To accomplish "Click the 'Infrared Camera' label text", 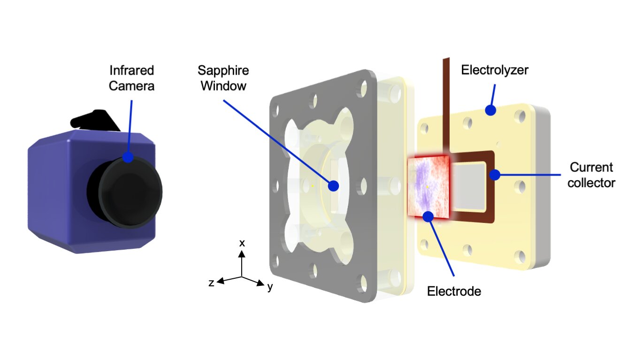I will tap(132, 78).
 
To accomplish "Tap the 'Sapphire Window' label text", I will tap(223, 78).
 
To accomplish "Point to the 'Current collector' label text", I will tap(591, 175).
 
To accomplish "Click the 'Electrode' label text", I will tap(454, 291).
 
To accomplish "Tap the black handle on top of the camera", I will tap(94, 120).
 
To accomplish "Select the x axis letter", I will tap(242, 243).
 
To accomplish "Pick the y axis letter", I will tap(270, 287).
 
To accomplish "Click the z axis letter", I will tap(212, 283).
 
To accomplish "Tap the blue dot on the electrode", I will tap(428, 216).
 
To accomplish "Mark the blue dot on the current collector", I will tap(494, 175).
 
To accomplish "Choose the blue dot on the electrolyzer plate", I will tap(490, 111).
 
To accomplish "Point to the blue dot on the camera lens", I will tap(128, 158).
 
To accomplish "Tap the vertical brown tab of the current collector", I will tap(446, 103).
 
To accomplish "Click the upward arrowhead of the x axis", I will tap(242, 254).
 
